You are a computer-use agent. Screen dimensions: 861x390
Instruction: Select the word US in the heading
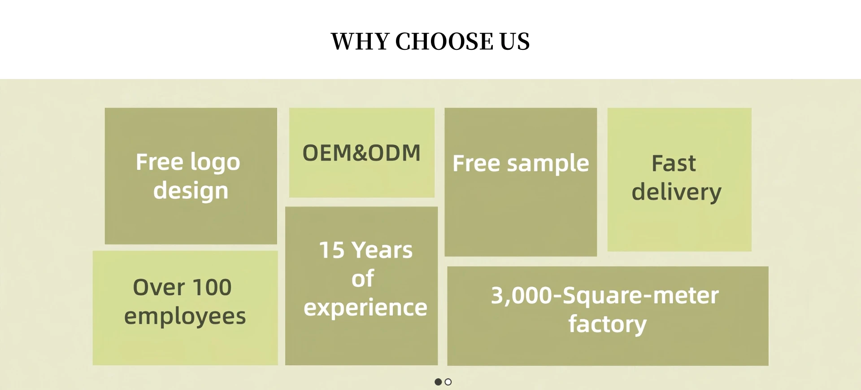click(514, 41)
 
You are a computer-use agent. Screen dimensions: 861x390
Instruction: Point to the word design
click(191, 191)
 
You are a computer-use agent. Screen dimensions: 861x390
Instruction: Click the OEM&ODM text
click(361, 153)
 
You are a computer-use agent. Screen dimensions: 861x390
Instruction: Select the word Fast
click(674, 163)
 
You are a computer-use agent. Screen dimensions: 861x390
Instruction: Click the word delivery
click(677, 192)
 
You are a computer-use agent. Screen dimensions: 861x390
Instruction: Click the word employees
click(185, 316)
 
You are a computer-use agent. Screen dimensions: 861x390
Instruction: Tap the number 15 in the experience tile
click(332, 250)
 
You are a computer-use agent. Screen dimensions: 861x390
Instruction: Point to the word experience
click(365, 308)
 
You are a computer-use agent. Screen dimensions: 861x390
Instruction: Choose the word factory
click(608, 324)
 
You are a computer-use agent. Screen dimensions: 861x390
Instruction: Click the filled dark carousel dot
click(438, 382)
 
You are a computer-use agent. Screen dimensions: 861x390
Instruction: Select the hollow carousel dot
click(448, 382)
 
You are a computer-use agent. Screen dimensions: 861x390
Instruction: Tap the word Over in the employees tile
click(159, 287)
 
